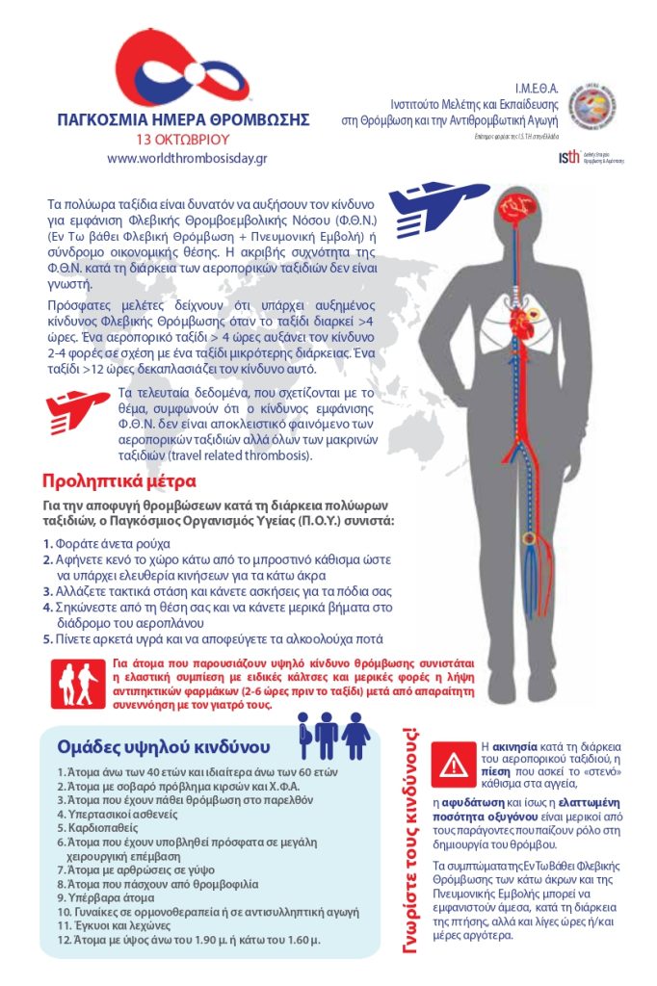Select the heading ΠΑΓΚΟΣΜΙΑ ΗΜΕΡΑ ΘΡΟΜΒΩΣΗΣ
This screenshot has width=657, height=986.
[183, 120]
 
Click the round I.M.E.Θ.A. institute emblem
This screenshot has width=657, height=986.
[592, 105]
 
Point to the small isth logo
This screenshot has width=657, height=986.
[569, 157]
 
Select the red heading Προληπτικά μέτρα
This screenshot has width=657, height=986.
[119, 480]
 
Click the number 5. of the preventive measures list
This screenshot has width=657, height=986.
[47, 638]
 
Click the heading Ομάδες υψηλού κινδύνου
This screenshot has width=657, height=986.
[164, 746]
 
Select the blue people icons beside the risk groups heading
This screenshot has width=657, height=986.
[333, 737]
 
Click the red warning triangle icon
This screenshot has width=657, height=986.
[453, 765]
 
